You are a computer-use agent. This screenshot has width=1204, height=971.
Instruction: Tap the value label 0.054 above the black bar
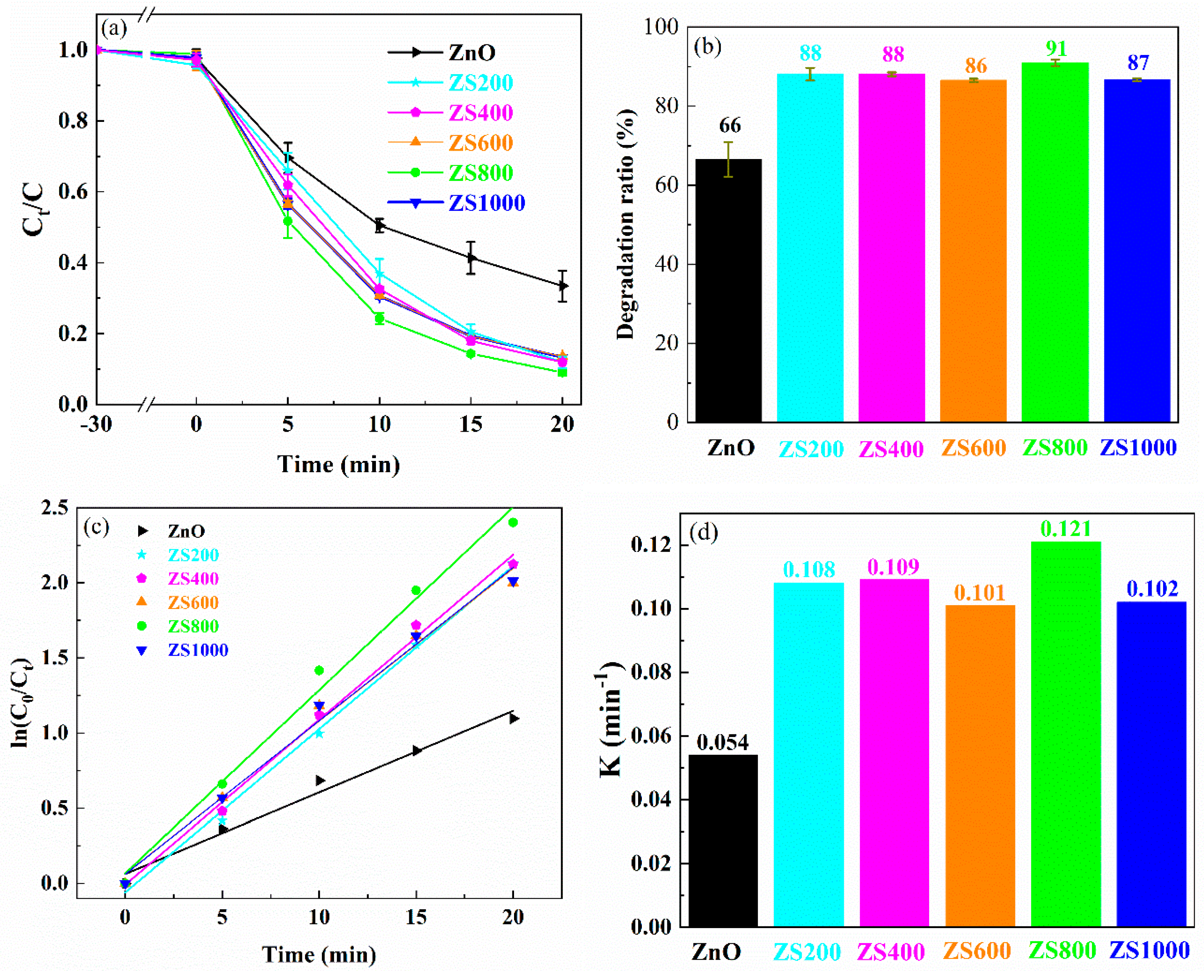coord(722,742)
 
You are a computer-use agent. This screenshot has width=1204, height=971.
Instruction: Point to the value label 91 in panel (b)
coord(1056,49)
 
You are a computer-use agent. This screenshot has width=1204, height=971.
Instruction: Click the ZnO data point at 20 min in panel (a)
coord(562,286)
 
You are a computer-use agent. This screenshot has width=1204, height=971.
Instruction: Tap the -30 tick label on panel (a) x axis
coord(96,425)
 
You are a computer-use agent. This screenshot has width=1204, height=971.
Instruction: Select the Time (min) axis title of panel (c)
coord(319,954)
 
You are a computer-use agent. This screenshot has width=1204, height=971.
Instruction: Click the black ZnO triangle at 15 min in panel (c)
coord(416,750)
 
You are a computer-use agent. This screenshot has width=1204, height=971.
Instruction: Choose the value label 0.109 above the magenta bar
coord(893,567)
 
